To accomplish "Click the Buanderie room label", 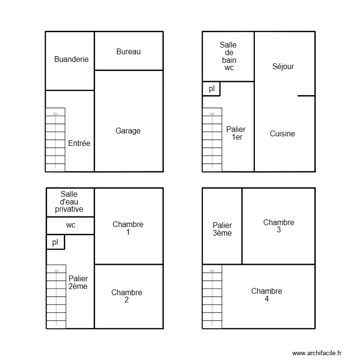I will coord(71,60).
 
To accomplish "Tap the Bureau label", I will coord(129,51).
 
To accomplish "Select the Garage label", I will coord(128,131).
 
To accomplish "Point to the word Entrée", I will coord(79,143).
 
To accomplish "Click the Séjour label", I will coord(283,67).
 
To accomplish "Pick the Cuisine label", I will coord(282,134).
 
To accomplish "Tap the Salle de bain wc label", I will coord(228,56).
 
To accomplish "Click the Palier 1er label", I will coord(236,133).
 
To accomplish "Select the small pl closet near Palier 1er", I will coord(211,89).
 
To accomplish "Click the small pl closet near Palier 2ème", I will coord(55,242).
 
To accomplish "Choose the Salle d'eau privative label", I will coord(69,202).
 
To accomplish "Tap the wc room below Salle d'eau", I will coord(71,225).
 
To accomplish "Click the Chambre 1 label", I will coord(128,228).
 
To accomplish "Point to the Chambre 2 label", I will coord(127,296).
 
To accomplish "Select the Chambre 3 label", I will coord(279,226).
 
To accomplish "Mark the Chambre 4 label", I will coord(266,295).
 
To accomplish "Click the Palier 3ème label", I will coord(222,229).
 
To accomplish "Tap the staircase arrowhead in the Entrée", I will coord(55,113).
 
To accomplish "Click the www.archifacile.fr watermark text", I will coord(316,353).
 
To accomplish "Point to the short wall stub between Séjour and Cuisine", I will coord(306,96).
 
